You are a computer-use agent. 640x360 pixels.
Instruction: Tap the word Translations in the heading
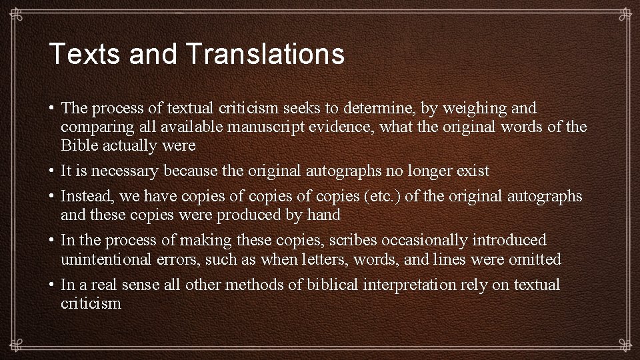click(266, 54)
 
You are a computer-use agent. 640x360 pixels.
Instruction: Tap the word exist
click(473, 171)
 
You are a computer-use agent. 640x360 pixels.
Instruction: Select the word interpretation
click(409, 285)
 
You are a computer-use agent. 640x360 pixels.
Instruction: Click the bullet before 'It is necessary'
click(51, 171)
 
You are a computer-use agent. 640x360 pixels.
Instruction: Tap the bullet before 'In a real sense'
click(51, 285)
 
